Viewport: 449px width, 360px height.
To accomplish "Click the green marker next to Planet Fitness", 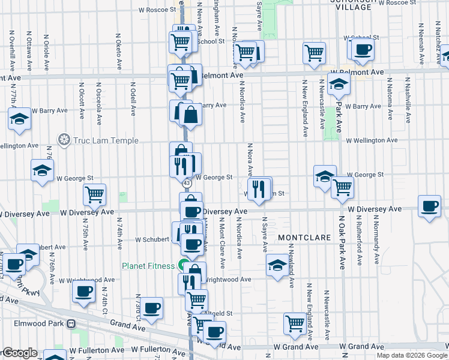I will pos(181,266).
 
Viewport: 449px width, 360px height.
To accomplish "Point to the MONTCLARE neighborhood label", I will pos(304,238).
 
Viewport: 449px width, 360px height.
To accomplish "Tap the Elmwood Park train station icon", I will pos(71,324).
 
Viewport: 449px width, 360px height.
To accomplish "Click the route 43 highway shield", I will pos(187,183).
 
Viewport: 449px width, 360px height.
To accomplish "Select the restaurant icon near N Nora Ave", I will pos(259,189).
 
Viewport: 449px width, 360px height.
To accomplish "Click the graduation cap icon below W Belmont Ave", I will pos(339,86).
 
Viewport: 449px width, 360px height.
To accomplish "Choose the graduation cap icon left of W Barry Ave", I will pos(19,118).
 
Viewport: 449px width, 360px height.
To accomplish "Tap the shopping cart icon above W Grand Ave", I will pos(295,323).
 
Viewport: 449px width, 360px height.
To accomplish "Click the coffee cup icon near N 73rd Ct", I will pos(152,307).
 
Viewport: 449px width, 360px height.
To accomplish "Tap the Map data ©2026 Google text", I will pos(411,355).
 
